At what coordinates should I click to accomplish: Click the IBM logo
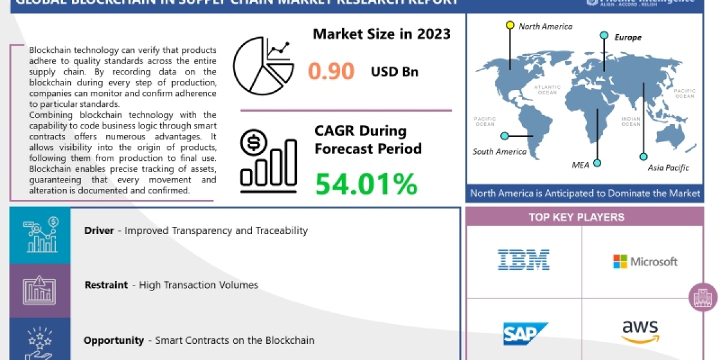524,260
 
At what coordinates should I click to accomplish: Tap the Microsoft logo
645,262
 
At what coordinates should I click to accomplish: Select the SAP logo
526,334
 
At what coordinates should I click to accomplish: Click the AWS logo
640,331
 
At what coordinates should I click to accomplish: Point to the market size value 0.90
331,71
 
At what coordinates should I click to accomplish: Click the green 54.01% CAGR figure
366,184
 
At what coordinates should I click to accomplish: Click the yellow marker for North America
510,25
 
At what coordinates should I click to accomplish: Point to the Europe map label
628,37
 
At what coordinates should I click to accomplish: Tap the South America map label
499,151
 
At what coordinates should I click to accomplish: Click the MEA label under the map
581,164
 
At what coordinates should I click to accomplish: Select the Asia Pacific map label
668,168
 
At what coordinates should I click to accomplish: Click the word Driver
99,230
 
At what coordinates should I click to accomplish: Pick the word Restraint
106,285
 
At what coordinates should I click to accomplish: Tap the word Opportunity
113,340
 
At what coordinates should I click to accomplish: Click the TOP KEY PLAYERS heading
584,217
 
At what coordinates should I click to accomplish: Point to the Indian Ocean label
631,121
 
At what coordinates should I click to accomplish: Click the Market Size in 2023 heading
382,34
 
